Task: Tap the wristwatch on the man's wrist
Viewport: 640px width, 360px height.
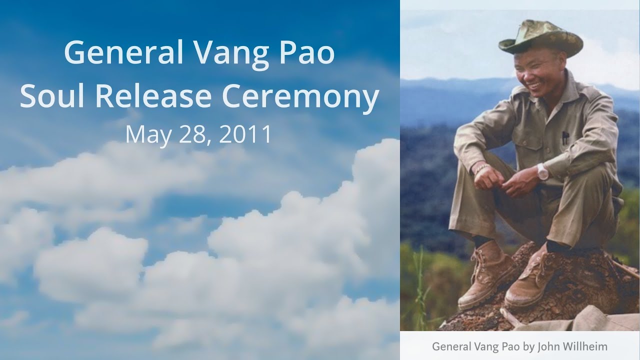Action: (x=542, y=171)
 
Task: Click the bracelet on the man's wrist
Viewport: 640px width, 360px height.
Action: (x=481, y=168)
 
